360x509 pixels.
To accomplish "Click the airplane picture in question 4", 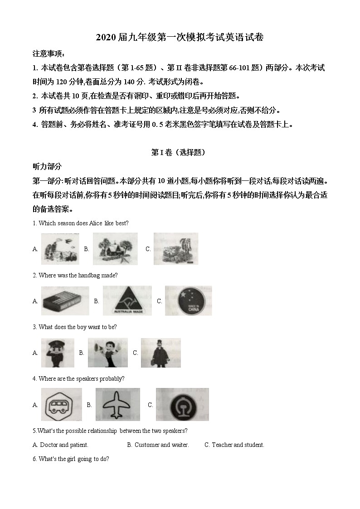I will (117, 404).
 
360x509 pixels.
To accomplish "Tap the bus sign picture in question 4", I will (62, 404).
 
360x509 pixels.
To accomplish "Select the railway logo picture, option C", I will (182, 404).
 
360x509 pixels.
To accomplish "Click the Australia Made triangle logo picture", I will (127, 301).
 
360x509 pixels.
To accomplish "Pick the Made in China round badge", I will (188, 301).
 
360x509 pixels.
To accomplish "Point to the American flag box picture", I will (62, 301).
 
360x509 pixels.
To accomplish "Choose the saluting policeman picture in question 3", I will (57, 353).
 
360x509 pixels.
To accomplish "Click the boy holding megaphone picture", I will (107, 353).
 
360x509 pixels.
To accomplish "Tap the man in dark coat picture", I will (161, 353).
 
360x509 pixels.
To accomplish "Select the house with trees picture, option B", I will (115, 249).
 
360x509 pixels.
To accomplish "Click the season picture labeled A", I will (60, 249).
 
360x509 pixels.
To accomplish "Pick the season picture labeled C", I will (175, 249).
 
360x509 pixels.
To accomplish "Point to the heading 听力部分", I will (47, 166).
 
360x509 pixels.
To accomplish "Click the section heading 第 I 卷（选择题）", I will (178, 153).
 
